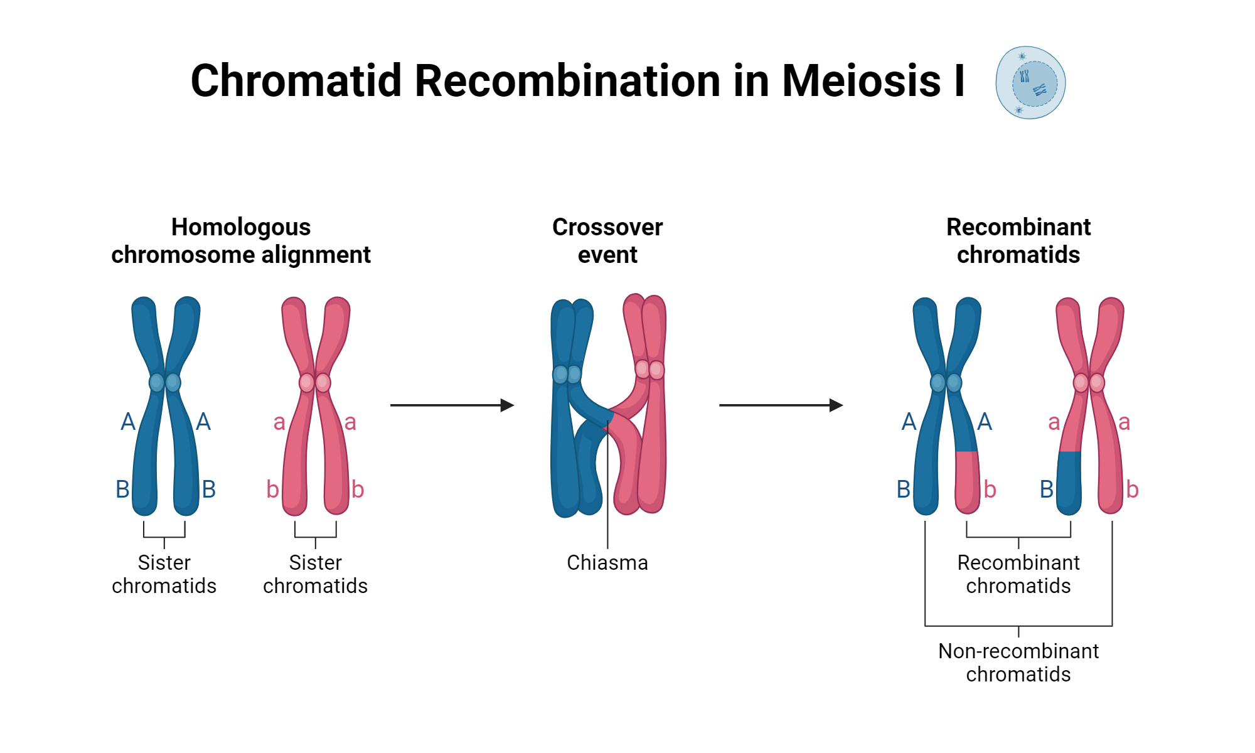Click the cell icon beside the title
coord(1030,82)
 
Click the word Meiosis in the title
coord(861,81)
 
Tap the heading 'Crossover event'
coord(607,241)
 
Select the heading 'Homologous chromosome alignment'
coord(241,241)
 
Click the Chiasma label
coord(607,563)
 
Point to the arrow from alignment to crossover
coord(452,405)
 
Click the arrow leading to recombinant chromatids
coord(781,405)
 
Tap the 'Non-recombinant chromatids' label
coord(1018,663)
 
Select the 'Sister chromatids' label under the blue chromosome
coord(164,574)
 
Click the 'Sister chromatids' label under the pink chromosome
coord(315,574)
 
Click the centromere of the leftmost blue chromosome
coord(165,382)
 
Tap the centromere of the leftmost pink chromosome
coord(315,382)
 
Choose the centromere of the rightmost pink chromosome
coord(1089,382)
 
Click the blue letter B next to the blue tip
coord(1046,489)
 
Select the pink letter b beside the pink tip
coord(990,489)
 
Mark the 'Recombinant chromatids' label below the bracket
coord(1018,574)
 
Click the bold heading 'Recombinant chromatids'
coord(1018,241)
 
